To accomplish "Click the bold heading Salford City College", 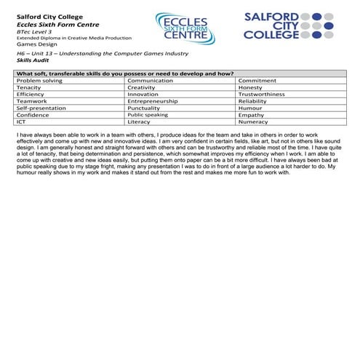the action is pyautogui.click(x=49, y=15).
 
